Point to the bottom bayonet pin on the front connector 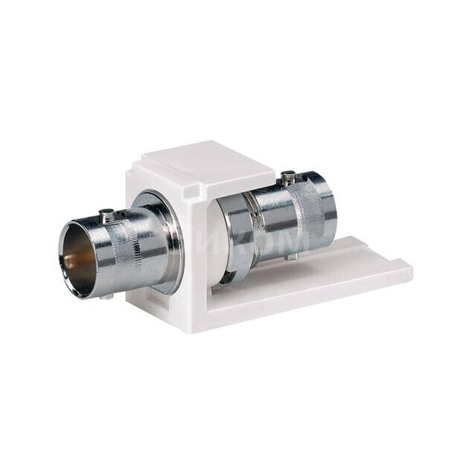click(x=105, y=296)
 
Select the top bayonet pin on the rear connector click(x=287, y=177)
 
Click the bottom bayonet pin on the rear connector click(x=291, y=256)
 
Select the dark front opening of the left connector click(x=79, y=257)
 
